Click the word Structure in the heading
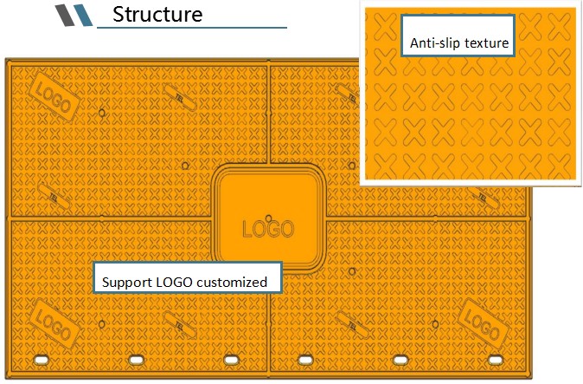(x=157, y=15)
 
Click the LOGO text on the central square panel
(x=267, y=231)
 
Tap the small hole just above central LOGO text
(x=271, y=218)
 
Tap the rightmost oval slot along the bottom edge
(x=494, y=359)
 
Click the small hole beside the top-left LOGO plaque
(x=102, y=112)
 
